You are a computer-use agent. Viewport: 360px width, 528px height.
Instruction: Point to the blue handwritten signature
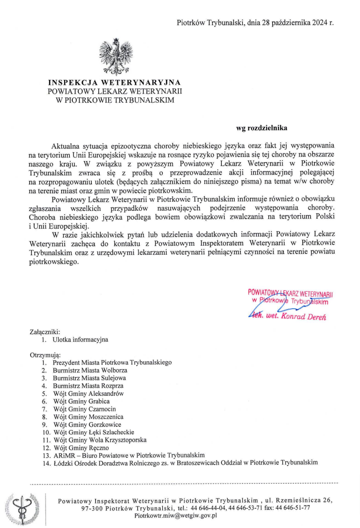point(274,310)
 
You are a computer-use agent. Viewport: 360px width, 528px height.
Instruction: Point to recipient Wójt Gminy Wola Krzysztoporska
point(100,440)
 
